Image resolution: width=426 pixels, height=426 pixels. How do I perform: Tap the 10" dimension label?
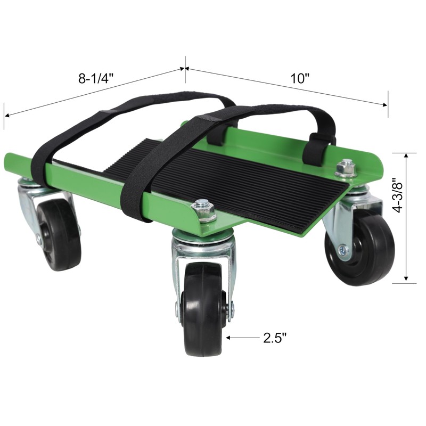pyautogui.click(x=300, y=78)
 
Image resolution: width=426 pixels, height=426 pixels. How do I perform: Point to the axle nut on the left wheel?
pyautogui.click(x=38, y=238)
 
